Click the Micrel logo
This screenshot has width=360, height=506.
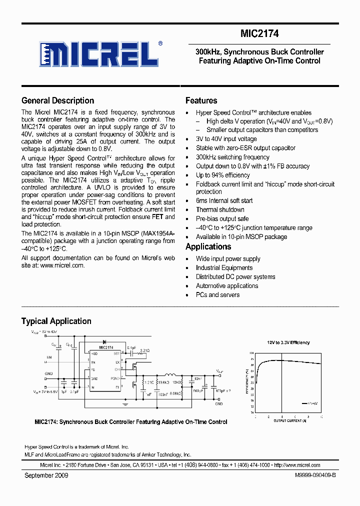pyautogui.click(x=100, y=54)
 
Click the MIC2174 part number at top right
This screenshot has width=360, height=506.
pyautogui.click(x=259, y=34)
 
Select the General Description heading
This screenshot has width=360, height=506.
pyautogui.click(x=57, y=100)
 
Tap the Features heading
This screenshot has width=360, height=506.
pyautogui.click(x=201, y=100)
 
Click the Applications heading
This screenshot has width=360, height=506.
pyautogui.click(x=208, y=246)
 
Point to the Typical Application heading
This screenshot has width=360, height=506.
pyautogui.click(x=56, y=321)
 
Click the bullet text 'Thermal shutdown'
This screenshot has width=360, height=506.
pyautogui.click(x=220, y=209)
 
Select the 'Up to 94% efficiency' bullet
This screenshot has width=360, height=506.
pyautogui.click(x=222, y=175)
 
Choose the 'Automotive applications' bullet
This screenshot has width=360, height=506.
pyautogui.click(x=227, y=285)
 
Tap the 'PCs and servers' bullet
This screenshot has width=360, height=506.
pyautogui.click(x=217, y=294)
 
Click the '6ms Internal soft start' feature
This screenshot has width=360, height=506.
pyautogui.click(x=224, y=200)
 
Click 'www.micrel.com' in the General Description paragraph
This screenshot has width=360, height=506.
pyautogui.click(x=62, y=265)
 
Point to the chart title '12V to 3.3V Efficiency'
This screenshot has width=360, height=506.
pyautogui.click(x=288, y=342)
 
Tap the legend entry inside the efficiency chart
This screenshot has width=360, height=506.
pyautogui.click(x=310, y=402)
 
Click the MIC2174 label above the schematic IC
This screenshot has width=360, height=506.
pyautogui.click(x=106, y=347)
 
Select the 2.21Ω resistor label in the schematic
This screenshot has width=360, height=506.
pyautogui.click(x=144, y=351)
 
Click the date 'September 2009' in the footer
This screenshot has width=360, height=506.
pyautogui.click(x=46, y=475)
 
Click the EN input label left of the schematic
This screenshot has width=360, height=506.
pyautogui.click(x=49, y=357)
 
